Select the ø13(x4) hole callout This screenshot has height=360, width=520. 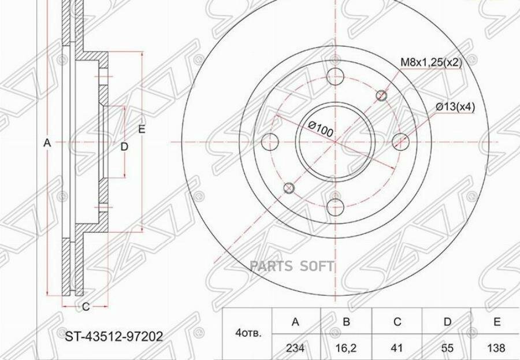coord(455,107)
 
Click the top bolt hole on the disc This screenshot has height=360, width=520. coord(335,76)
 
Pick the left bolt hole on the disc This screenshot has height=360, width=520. coord(270,142)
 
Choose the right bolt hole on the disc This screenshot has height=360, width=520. coord(400,142)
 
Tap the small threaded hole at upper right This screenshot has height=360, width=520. coord(381,95)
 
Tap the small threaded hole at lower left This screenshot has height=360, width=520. coord(289,188)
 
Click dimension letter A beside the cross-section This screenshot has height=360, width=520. coord(48,143)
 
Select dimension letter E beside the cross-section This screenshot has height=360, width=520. coord(142,129)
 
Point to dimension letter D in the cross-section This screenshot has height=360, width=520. coord(124,147)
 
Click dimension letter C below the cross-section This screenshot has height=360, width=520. coord(86,307)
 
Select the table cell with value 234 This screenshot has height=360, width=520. coord(295,347)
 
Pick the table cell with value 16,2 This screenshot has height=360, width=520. coord(346,347)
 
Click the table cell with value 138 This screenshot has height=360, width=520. coord(496,347)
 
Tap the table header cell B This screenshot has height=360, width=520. coord(346,322)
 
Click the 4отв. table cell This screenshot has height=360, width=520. coord(248,334)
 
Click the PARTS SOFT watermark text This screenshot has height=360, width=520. coord(292,266)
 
